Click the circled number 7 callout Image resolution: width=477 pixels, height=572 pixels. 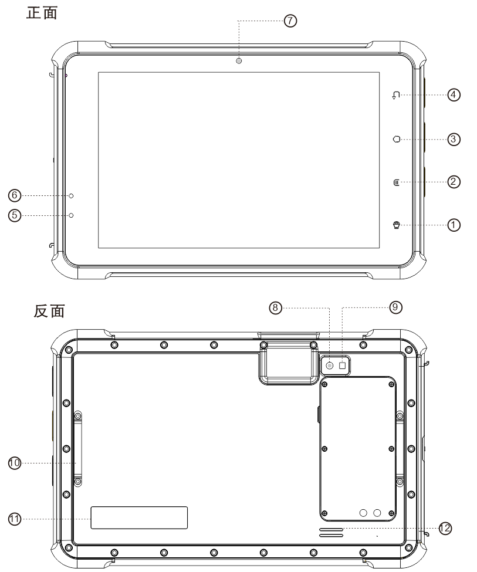[x=290, y=21]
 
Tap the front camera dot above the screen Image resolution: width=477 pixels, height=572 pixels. [x=239, y=61]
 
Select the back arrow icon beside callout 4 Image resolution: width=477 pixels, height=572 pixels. [x=396, y=95]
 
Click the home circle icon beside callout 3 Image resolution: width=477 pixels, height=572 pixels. [x=397, y=139]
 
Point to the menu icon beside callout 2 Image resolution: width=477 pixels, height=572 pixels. [x=397, y=182]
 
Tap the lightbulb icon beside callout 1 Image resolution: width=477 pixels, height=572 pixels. [x=397, y=225]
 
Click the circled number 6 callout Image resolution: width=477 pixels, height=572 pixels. [x=15, y=195]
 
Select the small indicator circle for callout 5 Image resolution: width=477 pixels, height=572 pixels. [x=71, y=215]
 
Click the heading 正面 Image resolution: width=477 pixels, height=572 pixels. [x=42, y=13]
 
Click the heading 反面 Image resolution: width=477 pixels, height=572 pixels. [x=49, y=311]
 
